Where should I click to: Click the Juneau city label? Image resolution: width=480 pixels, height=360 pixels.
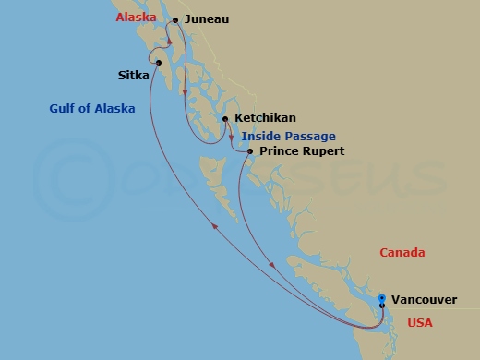point(208,18)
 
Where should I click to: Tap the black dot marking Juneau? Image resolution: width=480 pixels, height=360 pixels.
point(175,18)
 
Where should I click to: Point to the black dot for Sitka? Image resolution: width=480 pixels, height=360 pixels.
point(159,63)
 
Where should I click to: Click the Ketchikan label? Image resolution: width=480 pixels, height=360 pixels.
point(267,119)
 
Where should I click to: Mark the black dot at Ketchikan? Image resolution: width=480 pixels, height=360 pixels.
point(224,119)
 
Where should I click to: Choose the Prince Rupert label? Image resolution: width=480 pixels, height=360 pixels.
point(302,150)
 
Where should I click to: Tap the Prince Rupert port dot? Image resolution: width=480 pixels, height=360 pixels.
point(249,150)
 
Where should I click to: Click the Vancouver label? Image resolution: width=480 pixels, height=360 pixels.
point(423,299)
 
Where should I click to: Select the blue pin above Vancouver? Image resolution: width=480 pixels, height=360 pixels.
point(382,298)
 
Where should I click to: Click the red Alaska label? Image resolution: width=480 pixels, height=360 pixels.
point(134,18)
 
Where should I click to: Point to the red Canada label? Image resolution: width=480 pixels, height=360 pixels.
point(402,252)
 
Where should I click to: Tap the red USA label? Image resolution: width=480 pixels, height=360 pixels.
point(421,323)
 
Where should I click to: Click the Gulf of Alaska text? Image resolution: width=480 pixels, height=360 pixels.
point(92,108)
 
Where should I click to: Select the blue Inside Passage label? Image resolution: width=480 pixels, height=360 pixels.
point(289,136)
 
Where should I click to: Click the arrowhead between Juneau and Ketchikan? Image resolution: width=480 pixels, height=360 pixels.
point(185,92)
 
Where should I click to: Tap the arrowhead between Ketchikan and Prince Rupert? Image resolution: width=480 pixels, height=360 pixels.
point(231,138)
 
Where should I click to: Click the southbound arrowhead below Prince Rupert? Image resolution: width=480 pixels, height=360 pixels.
point(272,267)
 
